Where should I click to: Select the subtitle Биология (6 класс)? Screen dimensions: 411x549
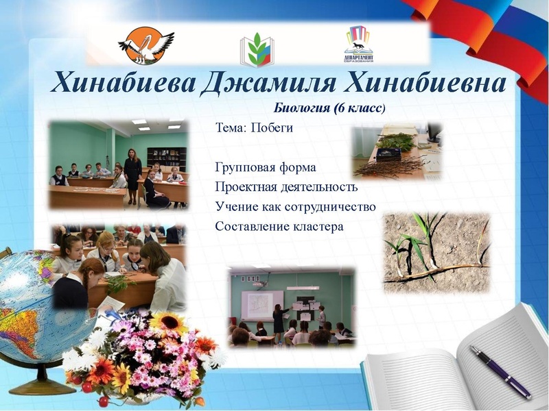(x=329, y=108)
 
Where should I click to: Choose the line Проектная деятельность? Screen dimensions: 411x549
(x=286, y=186)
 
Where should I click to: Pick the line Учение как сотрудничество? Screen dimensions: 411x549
(x=295, y=206)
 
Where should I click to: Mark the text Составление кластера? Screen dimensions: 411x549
(x=279, y=226)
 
